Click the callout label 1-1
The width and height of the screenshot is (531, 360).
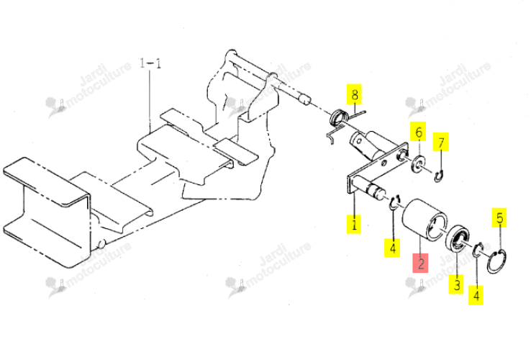click(150, 63)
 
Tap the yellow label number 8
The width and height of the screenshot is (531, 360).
click(354, 94)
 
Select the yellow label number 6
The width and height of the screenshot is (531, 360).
click(419, 132)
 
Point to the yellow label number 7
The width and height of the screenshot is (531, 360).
click(441, 142)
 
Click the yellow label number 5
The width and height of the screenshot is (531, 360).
click(499, 217)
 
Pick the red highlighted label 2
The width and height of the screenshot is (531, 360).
click(420, 263)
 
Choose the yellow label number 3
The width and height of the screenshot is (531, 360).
click(456, 284)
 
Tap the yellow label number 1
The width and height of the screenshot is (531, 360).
click(353, 225)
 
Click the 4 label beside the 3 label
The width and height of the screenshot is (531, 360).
click(476, 295)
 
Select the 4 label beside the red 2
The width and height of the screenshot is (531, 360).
click(392, 248)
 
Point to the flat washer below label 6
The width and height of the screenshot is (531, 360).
click(419, 163)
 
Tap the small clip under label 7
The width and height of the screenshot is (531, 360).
click(439, 176)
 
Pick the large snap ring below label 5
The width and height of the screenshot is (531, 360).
click(496, 261)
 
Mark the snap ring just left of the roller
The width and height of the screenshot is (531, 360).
click(394, 203)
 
